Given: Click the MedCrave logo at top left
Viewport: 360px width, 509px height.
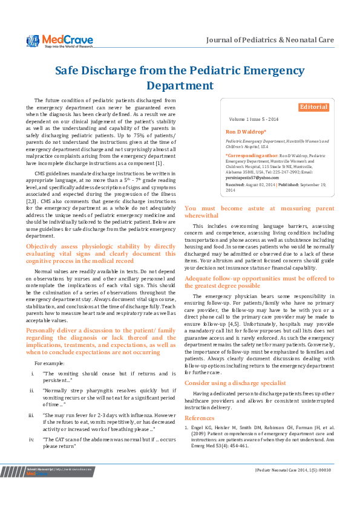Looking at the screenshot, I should tap(59, 41).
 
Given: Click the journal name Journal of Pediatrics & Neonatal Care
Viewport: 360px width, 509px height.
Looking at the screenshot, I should tap(270, 40).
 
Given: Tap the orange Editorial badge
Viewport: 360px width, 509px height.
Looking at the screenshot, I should tap(313, 107).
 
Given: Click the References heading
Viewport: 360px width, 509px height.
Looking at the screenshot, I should tap(199, 418).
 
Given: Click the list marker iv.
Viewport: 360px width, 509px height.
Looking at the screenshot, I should tap(31, 439).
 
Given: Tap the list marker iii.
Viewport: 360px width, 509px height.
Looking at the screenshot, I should tap(31, 416).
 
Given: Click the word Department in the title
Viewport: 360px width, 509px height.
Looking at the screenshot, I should tap(180, 86).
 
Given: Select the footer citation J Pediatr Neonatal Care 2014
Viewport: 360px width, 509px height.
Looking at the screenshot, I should tap(290, 470).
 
